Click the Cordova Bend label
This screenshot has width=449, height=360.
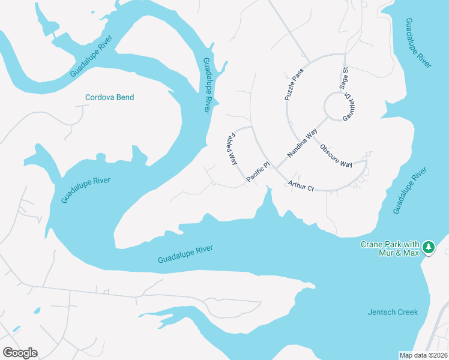pyautogui.click(x=109, y=97)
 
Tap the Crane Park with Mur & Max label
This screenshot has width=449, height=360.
pyautogui.click(x=390, y=248)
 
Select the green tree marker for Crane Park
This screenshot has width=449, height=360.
pyautogui.click(x=428, y=247)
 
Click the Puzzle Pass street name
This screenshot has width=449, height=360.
pyautogui.click(x=295, y=84)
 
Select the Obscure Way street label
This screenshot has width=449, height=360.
pyautogui.click(x=336, y=155)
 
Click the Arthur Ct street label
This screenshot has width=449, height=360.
pyautogui.click(x=301, y=186)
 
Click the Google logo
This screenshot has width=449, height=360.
pyautogui.click(x=20, y=353)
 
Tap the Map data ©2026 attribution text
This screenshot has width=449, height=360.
pyautogui.click(x=423, y=355)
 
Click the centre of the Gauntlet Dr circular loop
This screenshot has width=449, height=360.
pyautogui.click(x=335, y=107)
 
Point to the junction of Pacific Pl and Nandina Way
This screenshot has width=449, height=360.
pyautogui.click(x=277, y=167)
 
